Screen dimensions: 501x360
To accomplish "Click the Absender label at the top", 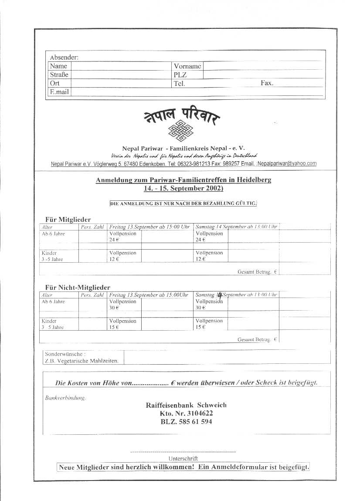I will [64, 58].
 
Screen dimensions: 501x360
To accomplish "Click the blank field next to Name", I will [122, 66].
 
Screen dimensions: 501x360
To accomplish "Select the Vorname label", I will [187, 66].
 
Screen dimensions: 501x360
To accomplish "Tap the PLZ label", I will [180, 75].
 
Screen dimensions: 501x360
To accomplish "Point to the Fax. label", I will [267, 83].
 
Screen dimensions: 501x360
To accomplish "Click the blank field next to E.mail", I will [196, 92].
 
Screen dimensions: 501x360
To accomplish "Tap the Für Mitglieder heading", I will [68, 219].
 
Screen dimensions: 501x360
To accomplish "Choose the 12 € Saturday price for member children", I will [200, 259].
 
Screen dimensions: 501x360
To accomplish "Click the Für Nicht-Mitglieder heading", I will [78, 287].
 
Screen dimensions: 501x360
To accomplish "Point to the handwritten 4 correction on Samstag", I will [220, 295].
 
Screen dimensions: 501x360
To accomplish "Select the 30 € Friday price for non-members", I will [114, 308].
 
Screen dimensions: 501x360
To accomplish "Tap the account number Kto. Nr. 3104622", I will [186, 413].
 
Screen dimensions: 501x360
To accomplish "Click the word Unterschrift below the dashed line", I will [183, 458].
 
